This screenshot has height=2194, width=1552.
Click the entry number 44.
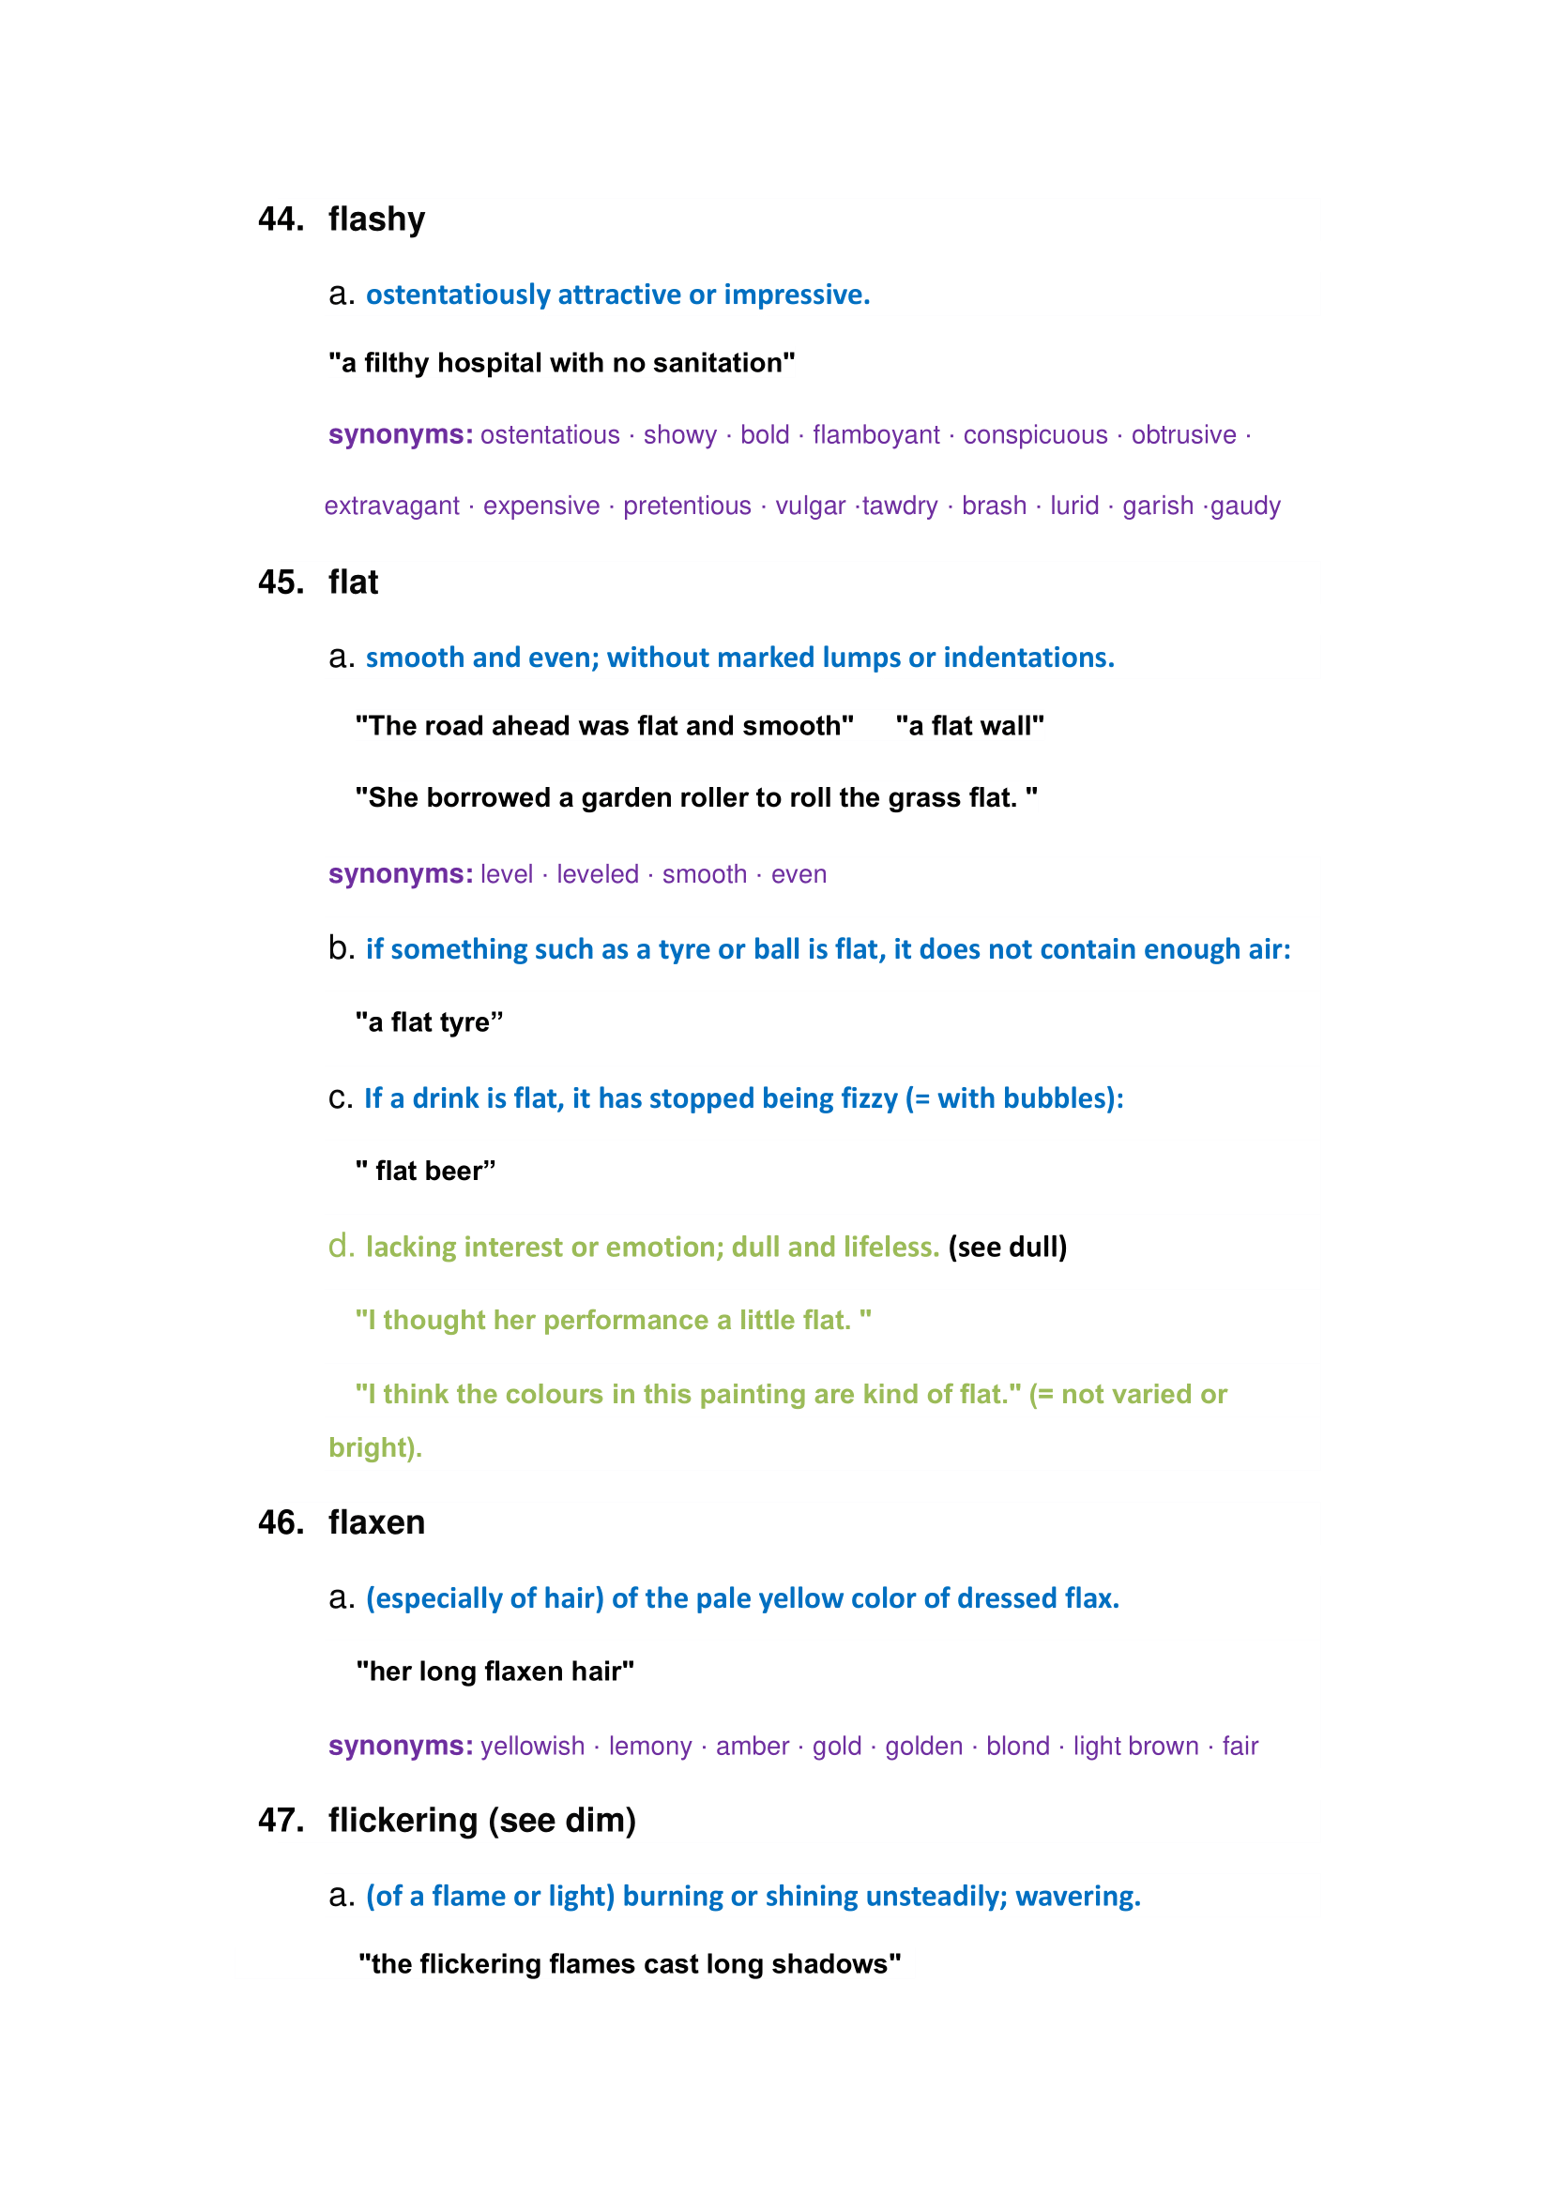[280, 219]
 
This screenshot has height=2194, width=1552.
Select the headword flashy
[376, 219]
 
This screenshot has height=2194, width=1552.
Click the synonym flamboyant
[875, 435]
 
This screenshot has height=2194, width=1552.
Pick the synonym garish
[1157, 506]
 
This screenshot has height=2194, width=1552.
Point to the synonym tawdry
[899, 506]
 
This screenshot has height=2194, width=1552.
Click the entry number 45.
[280, 583]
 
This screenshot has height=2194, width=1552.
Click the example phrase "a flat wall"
[969, 726]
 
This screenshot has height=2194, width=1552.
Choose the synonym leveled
[598, 874]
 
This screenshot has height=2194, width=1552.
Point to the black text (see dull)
[1007, 1247]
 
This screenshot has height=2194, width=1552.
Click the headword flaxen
[376, 1522]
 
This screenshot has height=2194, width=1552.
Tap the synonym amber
[753, 1746]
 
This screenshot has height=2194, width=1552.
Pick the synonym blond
[1018, 1746]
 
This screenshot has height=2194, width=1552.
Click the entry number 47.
[280, 1821]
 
